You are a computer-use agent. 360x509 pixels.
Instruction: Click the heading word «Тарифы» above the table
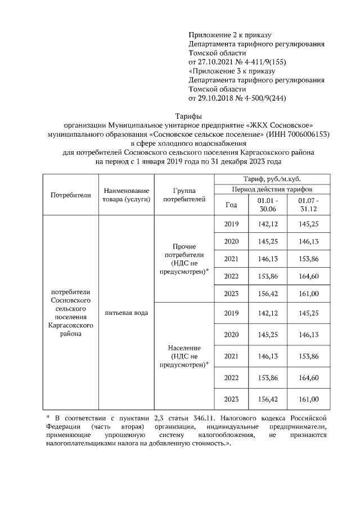pyautogui.click(x=180, y=116)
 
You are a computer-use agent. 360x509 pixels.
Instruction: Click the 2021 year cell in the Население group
pyautogui.click(x=231, y=356)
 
